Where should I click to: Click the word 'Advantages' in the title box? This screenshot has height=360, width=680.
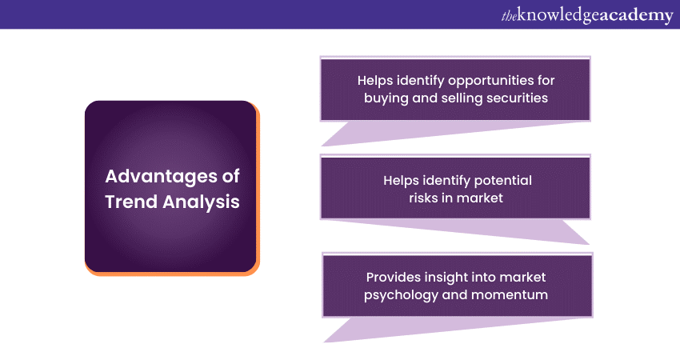pos(161,178)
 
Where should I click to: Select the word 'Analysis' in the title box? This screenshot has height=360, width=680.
pos(202,202)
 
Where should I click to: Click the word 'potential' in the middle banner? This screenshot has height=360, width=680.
pos(503,181)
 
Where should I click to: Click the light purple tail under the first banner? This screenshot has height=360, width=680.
pos(434,132)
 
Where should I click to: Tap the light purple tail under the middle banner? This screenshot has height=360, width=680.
pos(477,230)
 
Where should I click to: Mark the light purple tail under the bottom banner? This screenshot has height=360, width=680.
pos(434,328)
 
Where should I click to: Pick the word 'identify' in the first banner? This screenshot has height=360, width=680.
pos(420,81)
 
